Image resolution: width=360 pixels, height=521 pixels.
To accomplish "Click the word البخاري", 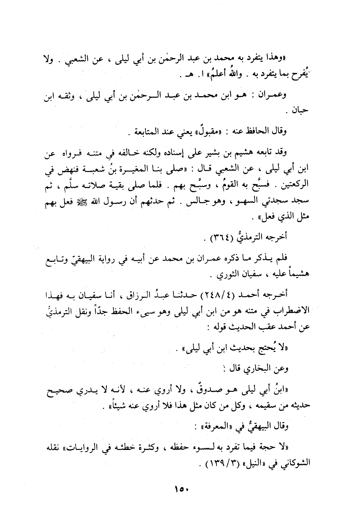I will pyautogui.click(x=262, y=368).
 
